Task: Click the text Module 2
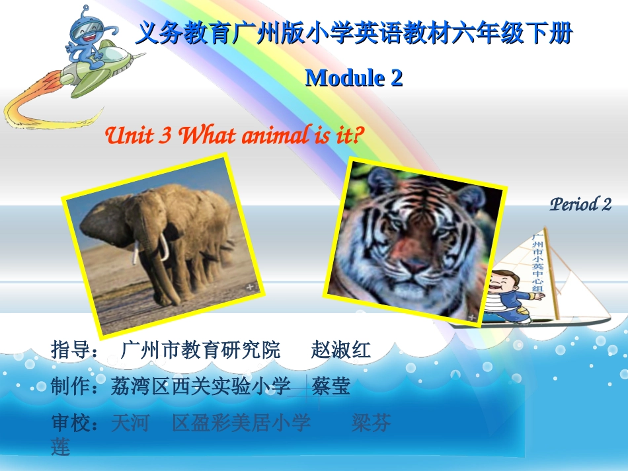click(354, 78)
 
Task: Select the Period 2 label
click(580, 204)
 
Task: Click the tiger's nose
click(414, 265)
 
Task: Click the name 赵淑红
click(340, 350)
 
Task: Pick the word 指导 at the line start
click(70, 350)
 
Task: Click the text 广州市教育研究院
click(201, 350)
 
